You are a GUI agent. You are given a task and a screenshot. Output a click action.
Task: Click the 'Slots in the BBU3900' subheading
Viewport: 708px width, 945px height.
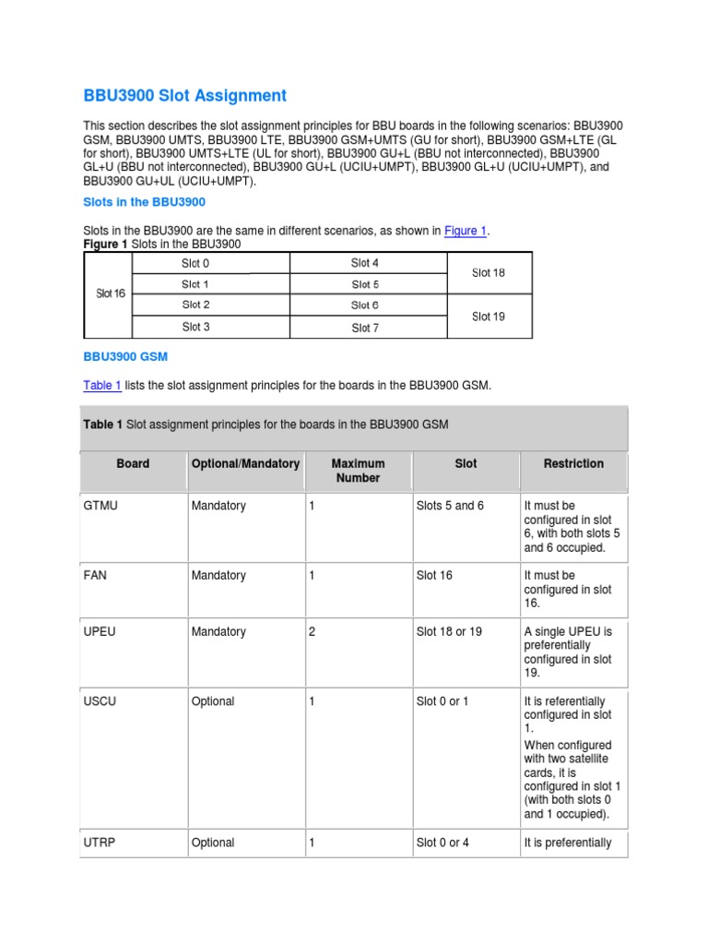(x=145, y=201)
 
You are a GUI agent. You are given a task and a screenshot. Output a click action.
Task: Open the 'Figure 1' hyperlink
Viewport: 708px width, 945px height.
(x=465, y=231)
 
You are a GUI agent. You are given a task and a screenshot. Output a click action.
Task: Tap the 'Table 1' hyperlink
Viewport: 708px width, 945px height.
(x=101, y=386)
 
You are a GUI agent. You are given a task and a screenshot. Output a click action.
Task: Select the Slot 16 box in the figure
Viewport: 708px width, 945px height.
(x=110, y=293)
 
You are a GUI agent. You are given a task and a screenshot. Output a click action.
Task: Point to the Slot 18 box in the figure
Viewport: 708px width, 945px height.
(x=489, y=272)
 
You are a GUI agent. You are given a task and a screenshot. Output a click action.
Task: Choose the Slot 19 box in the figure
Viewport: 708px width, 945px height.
(x=489, y=317)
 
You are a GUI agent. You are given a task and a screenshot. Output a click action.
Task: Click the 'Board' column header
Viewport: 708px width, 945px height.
(x=133, y=464)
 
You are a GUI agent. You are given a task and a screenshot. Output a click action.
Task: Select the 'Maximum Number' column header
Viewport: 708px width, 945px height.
(x=358, y=471)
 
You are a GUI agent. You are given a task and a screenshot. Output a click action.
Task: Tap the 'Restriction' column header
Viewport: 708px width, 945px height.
(x=573, y=464)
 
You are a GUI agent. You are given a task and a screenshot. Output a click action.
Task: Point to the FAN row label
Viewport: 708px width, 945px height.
(x=95, y=576)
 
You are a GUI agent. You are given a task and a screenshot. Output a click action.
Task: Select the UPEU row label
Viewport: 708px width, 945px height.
(x=98, y=632)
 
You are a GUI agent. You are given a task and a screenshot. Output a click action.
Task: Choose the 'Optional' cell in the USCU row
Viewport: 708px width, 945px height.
(x=213, y=701)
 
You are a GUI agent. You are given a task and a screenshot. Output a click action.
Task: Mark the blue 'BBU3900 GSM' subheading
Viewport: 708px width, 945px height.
(x=125, y=356)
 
